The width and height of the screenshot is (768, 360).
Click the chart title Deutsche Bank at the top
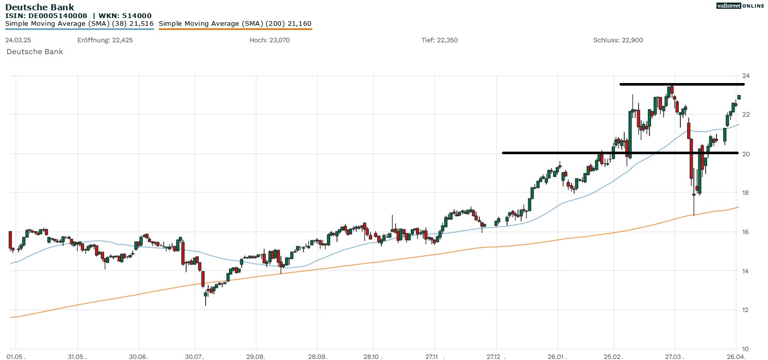pos(40,7)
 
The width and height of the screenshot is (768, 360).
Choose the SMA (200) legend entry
pos(235,24)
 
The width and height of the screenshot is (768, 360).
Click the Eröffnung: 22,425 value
pos(105,40)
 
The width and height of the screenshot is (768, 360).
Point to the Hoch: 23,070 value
pos(269,40)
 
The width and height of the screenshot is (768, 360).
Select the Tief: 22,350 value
pos(440,40)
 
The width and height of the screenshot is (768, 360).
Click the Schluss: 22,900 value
pos(618,40)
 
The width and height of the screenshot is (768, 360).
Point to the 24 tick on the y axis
pos(745,76)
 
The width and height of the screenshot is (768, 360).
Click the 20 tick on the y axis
pos(745,154)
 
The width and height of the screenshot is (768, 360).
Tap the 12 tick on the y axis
pos(745,310)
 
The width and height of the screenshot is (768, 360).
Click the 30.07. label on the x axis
pos(195,356)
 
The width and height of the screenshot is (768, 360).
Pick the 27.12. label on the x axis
pos(496,356)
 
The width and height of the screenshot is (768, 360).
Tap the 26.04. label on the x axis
pos(736,356)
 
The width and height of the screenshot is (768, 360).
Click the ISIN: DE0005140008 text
pos(46,15)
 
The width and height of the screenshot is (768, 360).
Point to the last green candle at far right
pos(739,97)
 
